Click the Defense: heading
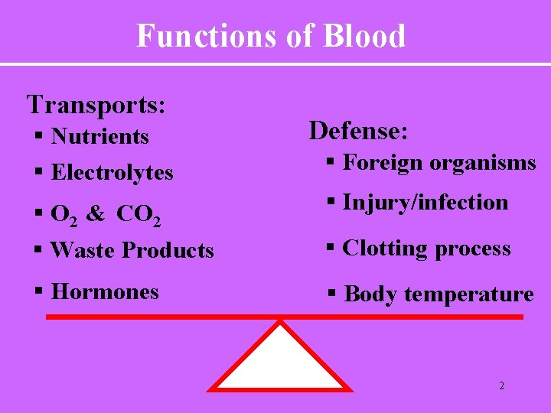(358, 131)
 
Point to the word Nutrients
(99, 137)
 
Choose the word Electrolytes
(112, 173)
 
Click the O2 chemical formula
(64, 215)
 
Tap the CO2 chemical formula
(139, 215)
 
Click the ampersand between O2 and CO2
(96, 214)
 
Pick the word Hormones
(105, 291)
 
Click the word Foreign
(383, 163)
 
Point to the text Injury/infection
(425, 203)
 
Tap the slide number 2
(501, 386)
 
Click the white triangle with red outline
(281, 363)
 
